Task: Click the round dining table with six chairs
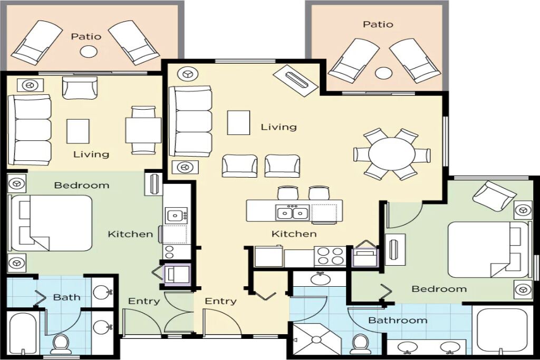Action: pyautogui.click(x=392, y=154)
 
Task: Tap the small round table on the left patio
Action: pyautogui.click(x=89, y=52)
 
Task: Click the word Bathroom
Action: pyautogui.click(x=398, y=320)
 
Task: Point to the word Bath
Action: pyautogui.click(x=67, y=297)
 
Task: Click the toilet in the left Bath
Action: pyautogui.click(x=61, y=344)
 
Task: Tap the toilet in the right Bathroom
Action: pyautogui.click(x=360, y=344)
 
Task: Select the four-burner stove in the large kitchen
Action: pyautogui.click(x=330, y=256)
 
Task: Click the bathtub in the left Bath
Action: pyautogui.click(x=23, y=333)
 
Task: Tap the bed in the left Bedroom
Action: pyautogui.click(x=52, y=223)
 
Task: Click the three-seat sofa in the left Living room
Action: pyautogui.click(x=30, y=130)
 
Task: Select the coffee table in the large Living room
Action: pyautogui.click(x=238, y=123)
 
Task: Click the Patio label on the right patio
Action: pyautogui.click(x=378, y=24)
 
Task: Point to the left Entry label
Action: pyautogui.click(x=144, y=301)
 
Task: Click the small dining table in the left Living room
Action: pyautogui.click(x=143, y=130)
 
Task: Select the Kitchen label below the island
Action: pyautogui.click(x=294, y=234)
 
